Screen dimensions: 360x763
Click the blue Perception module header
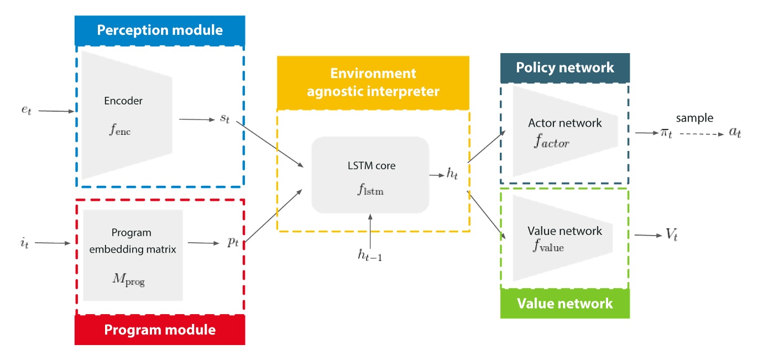[x=160, y=30]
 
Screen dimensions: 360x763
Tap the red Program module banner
[x=160, y=330]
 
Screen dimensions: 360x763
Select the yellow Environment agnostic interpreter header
[x=373, y=82]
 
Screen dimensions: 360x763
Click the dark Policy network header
[x=565, y=67]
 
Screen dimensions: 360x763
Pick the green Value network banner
[x=565, y=303]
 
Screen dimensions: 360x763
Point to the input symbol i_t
[x=23, y=242]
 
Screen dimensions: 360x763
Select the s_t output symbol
[x=224, y=119]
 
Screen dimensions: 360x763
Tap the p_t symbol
[x=233, y=243]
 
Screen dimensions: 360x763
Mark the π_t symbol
[x=666, y=133]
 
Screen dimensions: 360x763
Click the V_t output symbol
[x=671, y=236]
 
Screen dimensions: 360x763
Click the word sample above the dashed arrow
[x=694, y=118]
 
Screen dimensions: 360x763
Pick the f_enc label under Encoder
[x=120, y=131]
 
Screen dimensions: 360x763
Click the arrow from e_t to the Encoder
[x=56, y=111]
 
